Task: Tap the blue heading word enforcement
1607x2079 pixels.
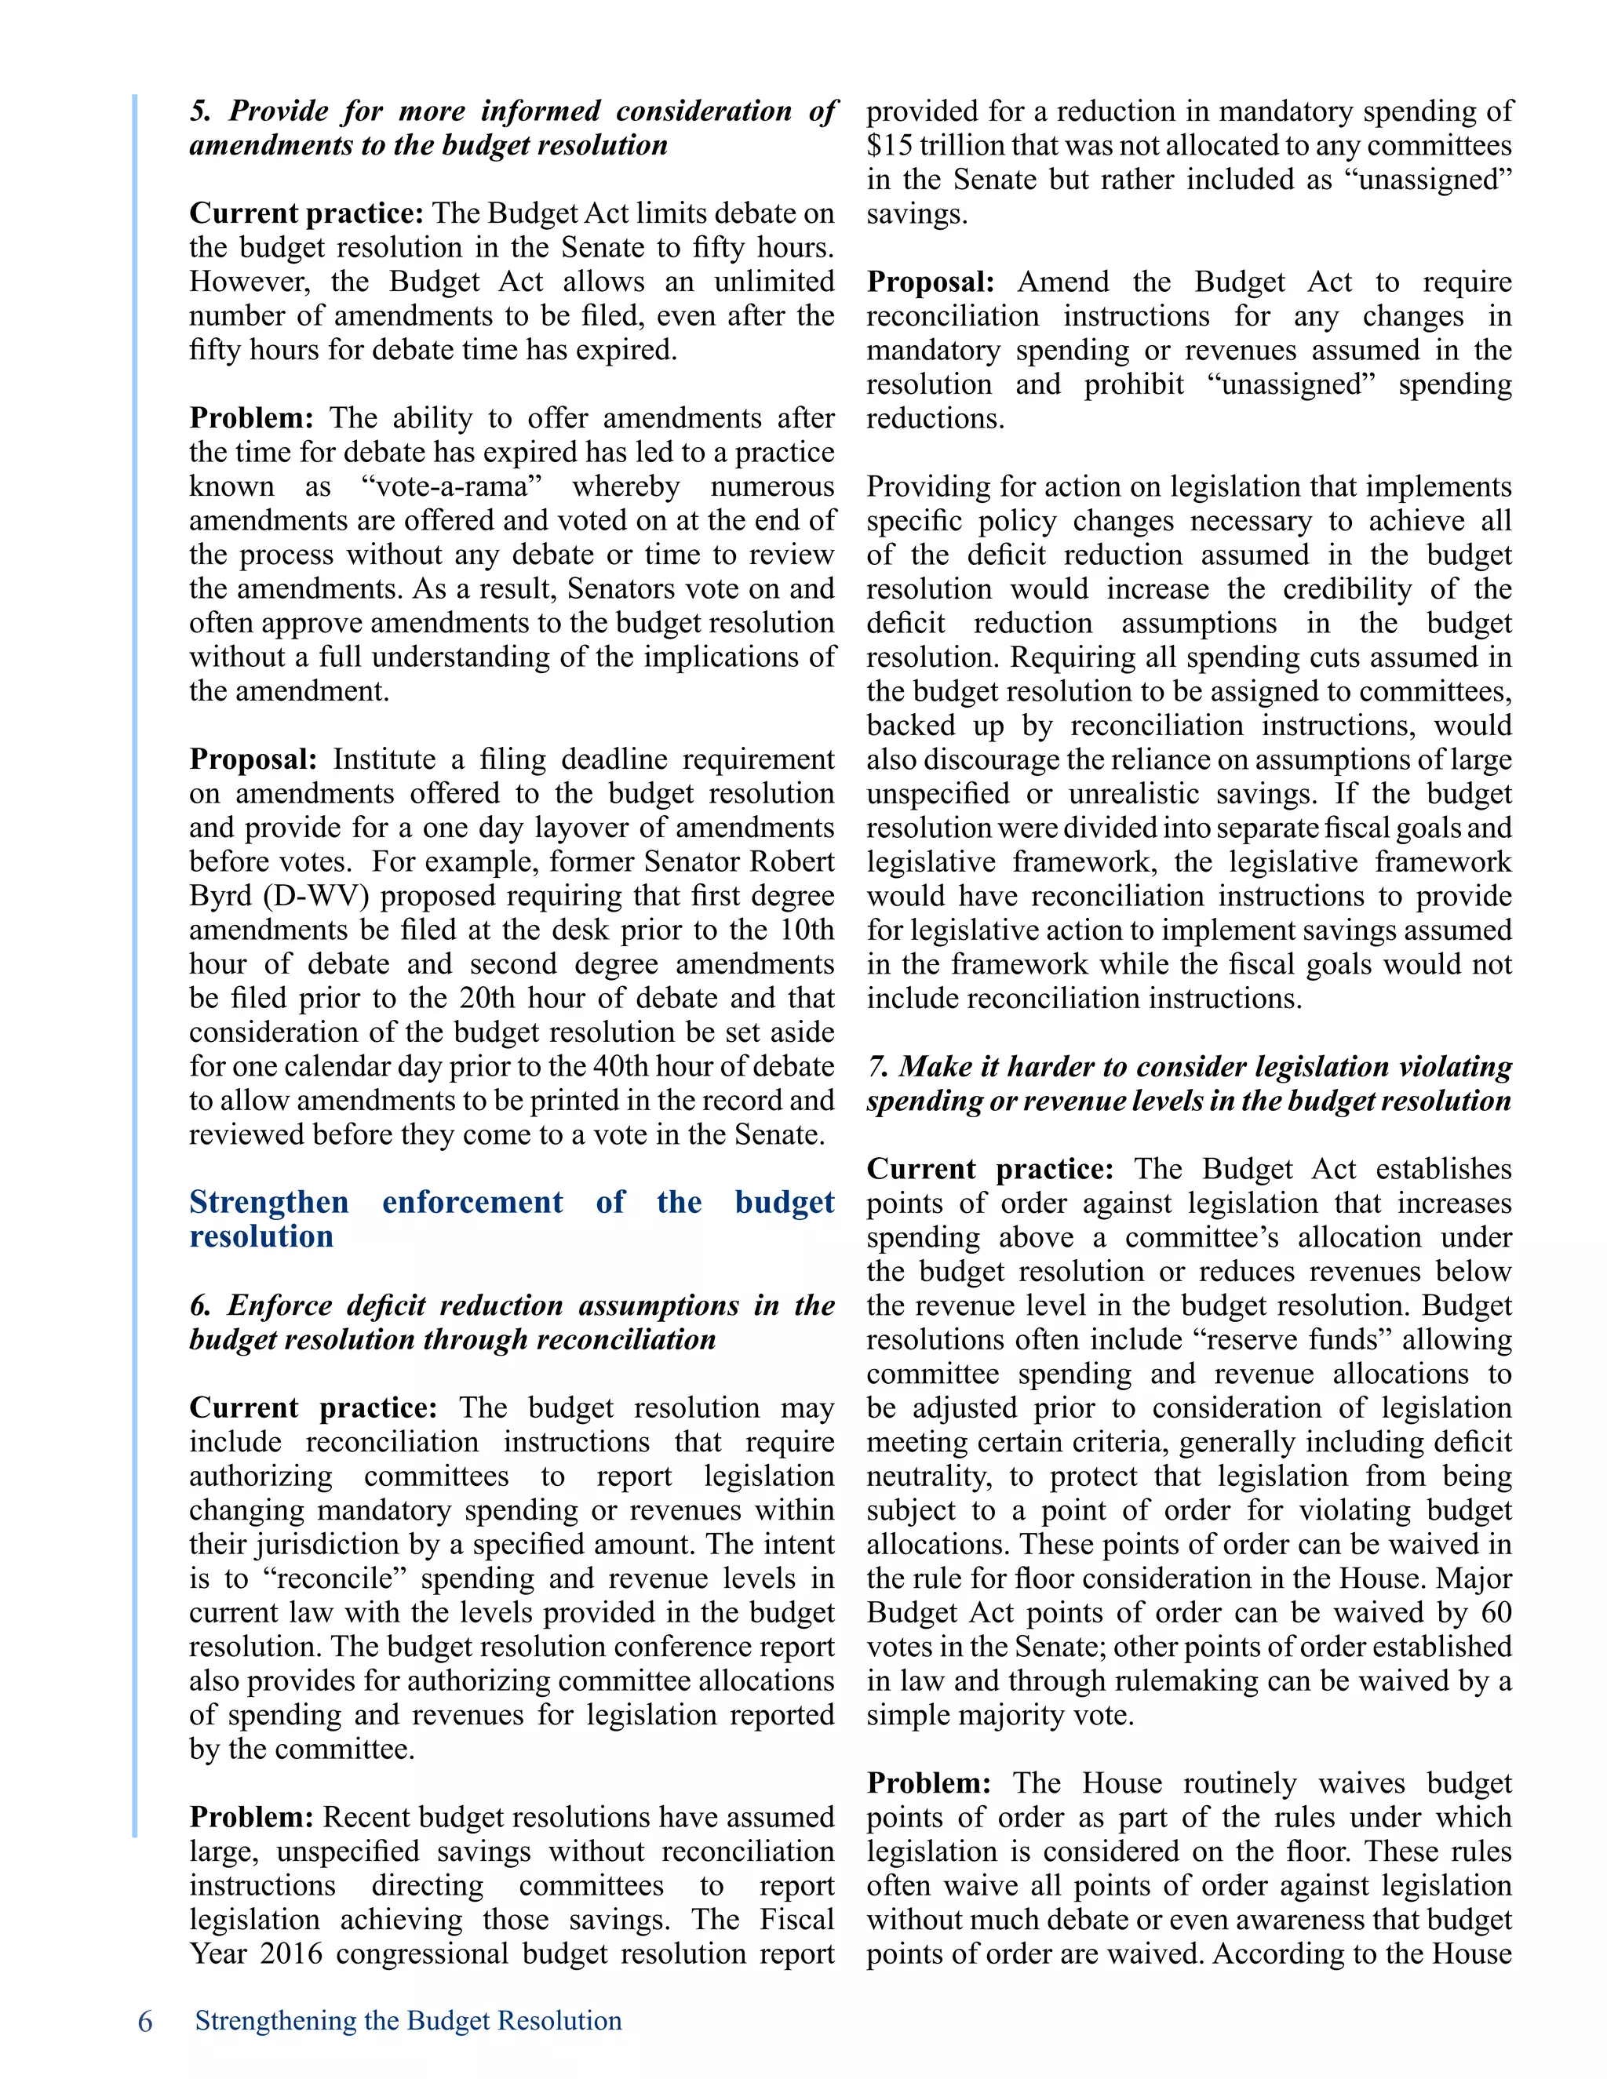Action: [x=472, y=1202]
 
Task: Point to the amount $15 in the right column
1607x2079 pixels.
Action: [x=889, y=146]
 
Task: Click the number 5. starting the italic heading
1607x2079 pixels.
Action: [x=200, y=111]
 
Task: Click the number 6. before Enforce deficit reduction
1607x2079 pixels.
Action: [x=200, y=1305]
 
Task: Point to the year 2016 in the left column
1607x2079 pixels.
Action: [x=291, y=1953]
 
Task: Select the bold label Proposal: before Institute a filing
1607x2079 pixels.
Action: [x=253, y=759]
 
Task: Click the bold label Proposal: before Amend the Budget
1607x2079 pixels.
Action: [x=930, y=282]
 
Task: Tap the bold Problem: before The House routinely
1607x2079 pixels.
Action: [x=928, y=1783]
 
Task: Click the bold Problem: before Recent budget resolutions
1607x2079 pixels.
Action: [x=251, y=1817]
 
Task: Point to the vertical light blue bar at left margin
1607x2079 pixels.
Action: [x=135, y=952]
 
